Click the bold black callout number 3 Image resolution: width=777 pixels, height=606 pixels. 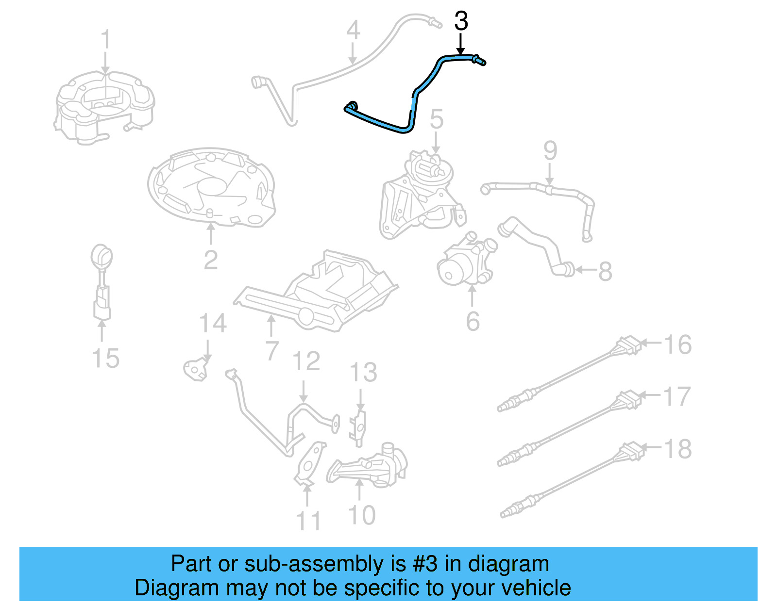point(461,21)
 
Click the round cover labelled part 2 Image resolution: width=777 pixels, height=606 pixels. point(211,187)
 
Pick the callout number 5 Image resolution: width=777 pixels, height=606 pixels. point(436,119)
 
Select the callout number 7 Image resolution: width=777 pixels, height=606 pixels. point(272,351)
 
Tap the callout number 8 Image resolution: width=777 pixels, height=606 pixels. point(605,271)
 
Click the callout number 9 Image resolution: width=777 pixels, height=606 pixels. point(550,150)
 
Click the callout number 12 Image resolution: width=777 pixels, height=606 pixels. point(306,360)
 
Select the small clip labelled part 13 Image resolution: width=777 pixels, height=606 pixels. point(358,428)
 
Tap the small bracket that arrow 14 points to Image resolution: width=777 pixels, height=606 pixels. point(196,370)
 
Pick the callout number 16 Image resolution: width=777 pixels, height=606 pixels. point(677,344)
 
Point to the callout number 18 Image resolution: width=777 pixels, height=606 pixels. point(677,449)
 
